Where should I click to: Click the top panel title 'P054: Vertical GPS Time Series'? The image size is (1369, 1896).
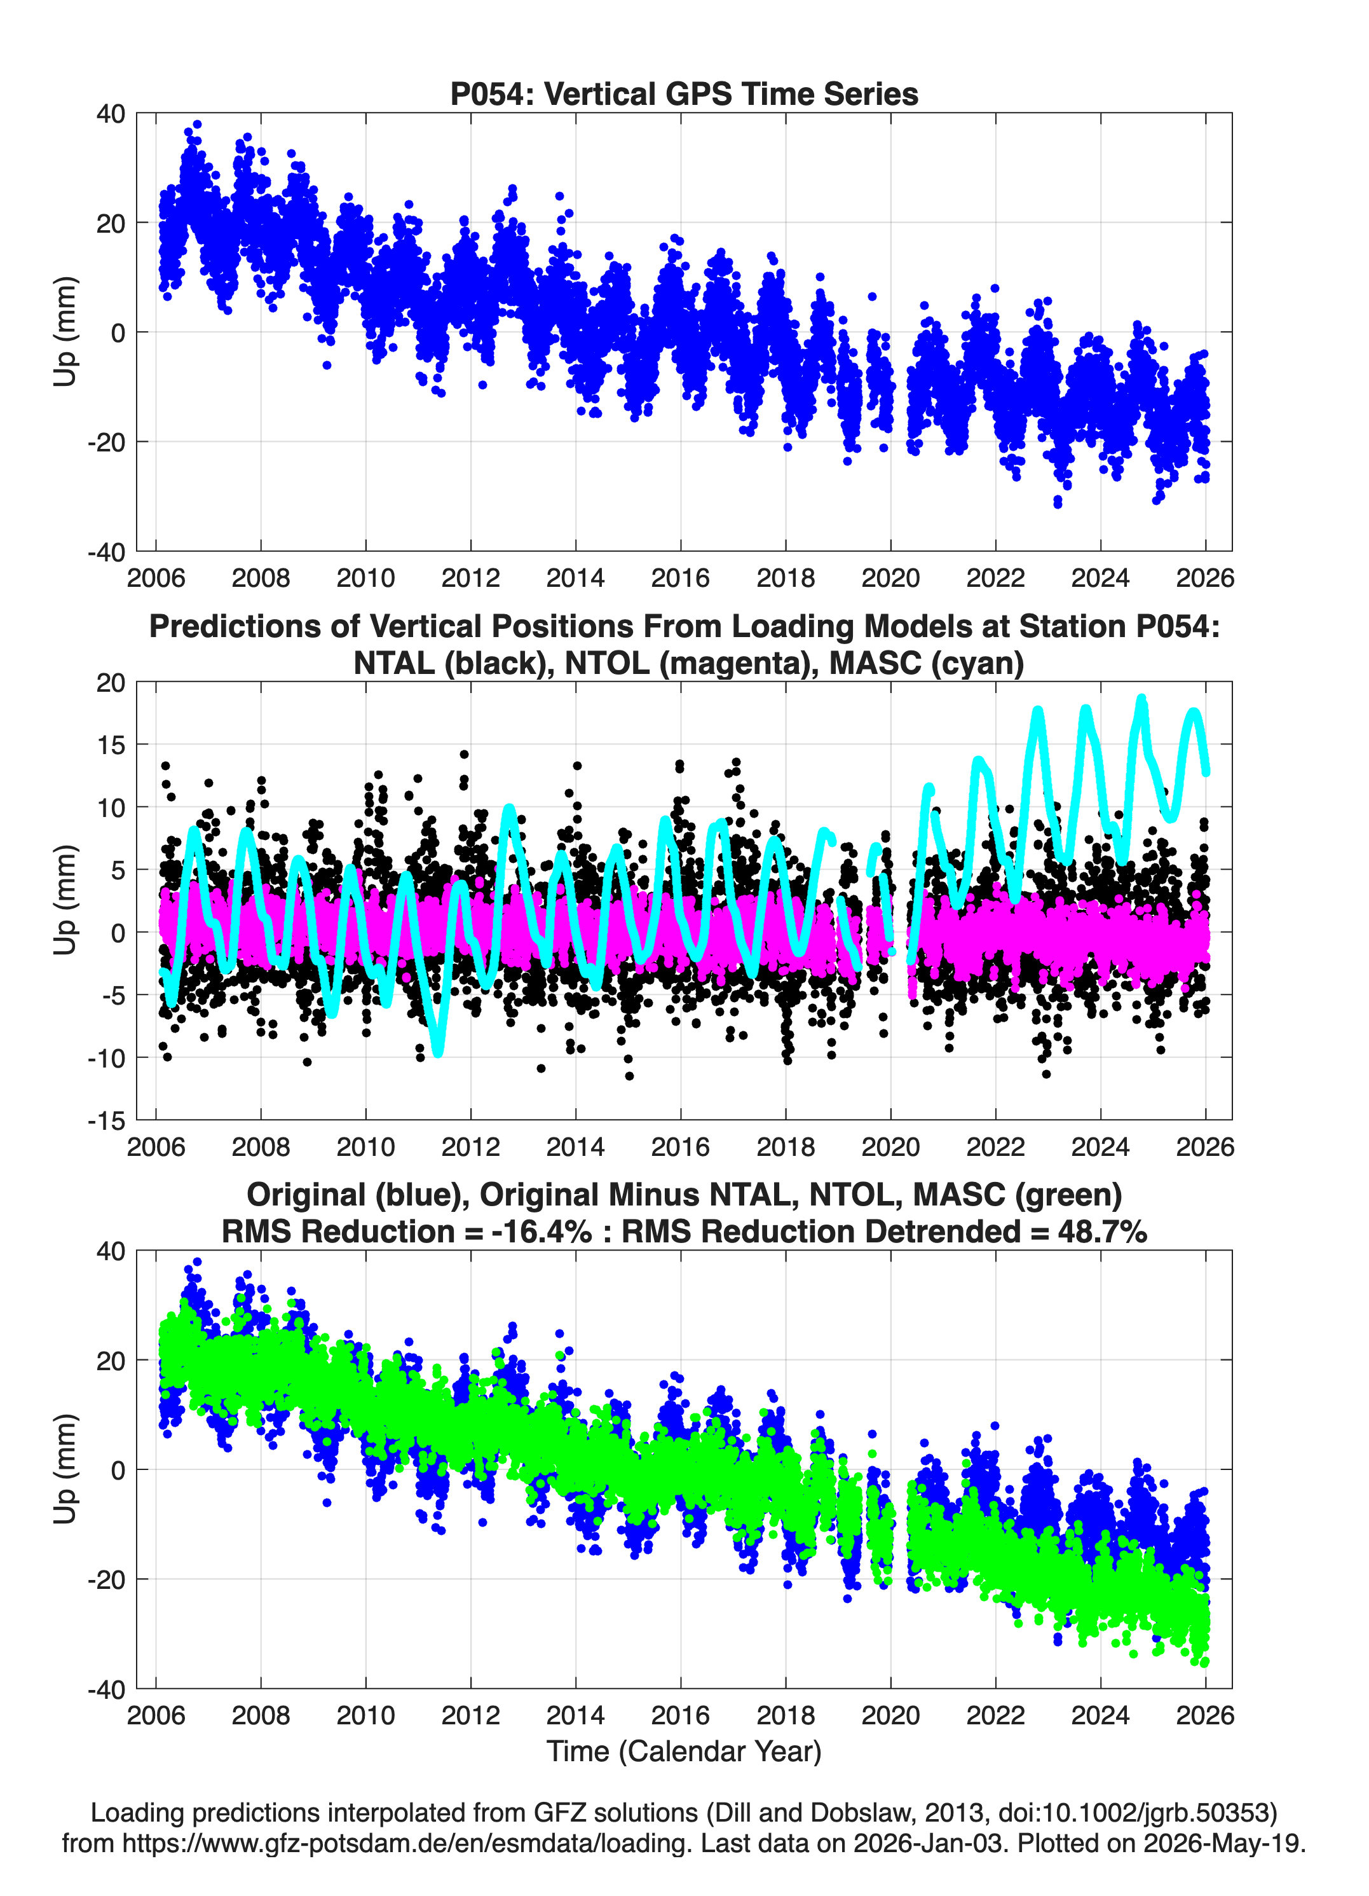[684, 93]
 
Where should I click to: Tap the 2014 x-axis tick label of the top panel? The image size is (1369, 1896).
[575, 578]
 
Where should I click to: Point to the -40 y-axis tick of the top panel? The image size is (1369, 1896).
[106, 552]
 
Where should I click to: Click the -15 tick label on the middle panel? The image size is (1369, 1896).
[106, 1121]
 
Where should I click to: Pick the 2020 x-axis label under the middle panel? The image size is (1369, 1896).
[890, 1147]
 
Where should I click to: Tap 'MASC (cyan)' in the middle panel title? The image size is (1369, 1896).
[927, 663]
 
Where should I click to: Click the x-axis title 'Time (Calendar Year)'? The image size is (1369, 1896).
[684, 1750]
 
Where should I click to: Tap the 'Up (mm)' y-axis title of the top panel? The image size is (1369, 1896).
[65, 332]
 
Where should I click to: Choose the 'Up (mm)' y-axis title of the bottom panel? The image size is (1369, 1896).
[65, 1469]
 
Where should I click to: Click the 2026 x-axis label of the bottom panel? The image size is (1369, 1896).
[1204, 1715]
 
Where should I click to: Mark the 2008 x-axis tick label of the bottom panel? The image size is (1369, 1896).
[261, 1715]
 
